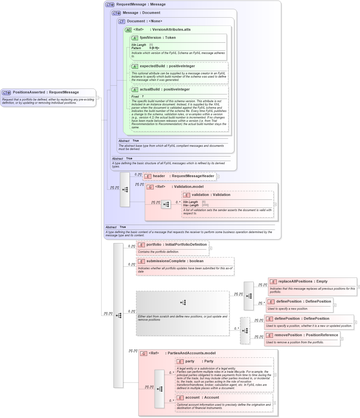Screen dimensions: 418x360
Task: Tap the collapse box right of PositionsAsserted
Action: pyautogui.click(x=97, y=98)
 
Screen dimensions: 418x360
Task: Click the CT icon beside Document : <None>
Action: pyautogui.click(x=122, y=22)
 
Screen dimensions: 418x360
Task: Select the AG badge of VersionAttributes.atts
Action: pyautogui.click(x=128, y=30)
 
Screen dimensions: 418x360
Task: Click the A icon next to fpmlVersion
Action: pyautogui.click(x=135, y=38)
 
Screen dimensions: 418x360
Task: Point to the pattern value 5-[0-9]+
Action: pyautogui.click(x=154, y=48)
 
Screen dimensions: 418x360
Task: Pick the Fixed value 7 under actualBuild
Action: pyautogui.click(x=143, y=97)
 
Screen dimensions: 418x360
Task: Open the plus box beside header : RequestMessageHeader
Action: pyautogui.click(x=218, y=177)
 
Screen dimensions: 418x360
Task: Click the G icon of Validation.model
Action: pyautogui.click(x=150, y=187)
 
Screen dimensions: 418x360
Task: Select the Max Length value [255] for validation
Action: pyautogui.click(x=205, y=205)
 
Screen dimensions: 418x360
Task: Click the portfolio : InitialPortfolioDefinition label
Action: pyautogui.click(x=177, y=245)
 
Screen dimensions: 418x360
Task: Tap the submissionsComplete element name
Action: pyautogui.click(x=166, y=261)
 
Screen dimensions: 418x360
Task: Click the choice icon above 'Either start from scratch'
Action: pyautogui.click(x=183, y=303)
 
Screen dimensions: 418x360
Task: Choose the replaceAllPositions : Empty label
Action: pyautogui.click(x=303, y=282)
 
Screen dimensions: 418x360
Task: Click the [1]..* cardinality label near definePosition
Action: pyautogui.click(x=261, y=303)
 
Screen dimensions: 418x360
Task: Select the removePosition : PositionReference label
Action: pyautogui.click(x=306, y=335)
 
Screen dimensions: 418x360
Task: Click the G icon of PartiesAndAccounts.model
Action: pyautogui.click(x=144, y=354)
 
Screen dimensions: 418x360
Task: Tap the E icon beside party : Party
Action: pyautogui.click(x=180, y=362)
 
